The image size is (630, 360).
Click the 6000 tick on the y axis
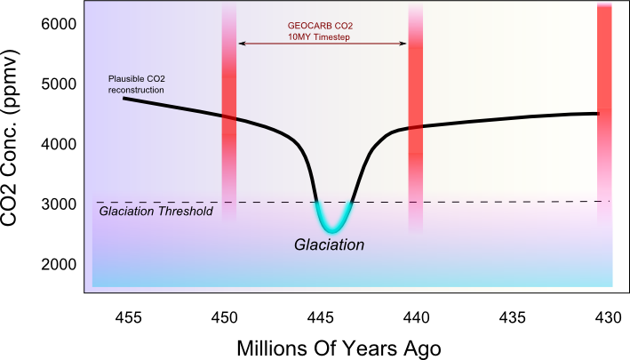(x=58, y=25)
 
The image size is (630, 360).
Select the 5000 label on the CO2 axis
(x=58, y=84)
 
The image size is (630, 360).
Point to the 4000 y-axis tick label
(x=58, y=144)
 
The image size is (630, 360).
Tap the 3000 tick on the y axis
(x=58, y=204)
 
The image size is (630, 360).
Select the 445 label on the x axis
(x=321, y=316)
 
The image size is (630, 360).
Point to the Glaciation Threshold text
(x=156, y=211)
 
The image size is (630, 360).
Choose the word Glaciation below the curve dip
(x=331, y=243)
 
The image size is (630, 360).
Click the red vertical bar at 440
(x=415, y=116)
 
